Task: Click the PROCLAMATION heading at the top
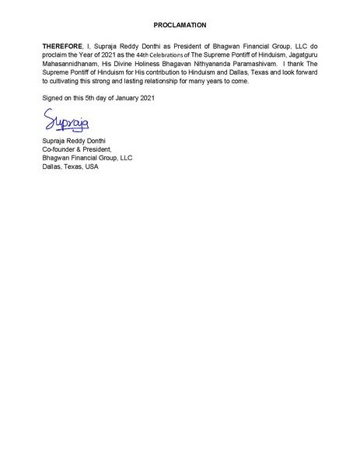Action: pyautogui.click(x=180, y=26)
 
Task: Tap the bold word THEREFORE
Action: pyautogui.click(x=62, y=47)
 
